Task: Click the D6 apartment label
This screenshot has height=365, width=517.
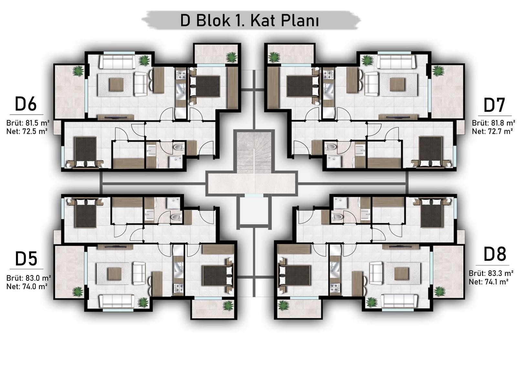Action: [26, 104]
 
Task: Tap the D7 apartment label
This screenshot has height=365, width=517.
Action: [494, 105]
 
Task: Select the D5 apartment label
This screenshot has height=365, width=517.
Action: [26, 259]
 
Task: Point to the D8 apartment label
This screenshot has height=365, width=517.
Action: [495, 254]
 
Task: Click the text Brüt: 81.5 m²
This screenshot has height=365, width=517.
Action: [28, 123]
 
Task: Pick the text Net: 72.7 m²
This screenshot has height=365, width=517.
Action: [490, 131]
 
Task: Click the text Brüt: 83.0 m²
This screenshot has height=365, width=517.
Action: [28, 278]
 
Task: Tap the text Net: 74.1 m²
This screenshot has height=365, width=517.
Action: [489, 282]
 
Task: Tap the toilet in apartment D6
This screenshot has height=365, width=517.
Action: [179, 147]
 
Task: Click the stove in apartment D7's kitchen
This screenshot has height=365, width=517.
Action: [328, 74]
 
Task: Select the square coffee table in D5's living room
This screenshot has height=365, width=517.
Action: [115, 274]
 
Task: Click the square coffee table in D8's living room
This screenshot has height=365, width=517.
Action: [402, 274]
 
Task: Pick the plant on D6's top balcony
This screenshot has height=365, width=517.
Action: [231, 57]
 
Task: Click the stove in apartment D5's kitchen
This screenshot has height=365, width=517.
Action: [179, 288]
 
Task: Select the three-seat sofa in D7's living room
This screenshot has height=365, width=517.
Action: [396, 62]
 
